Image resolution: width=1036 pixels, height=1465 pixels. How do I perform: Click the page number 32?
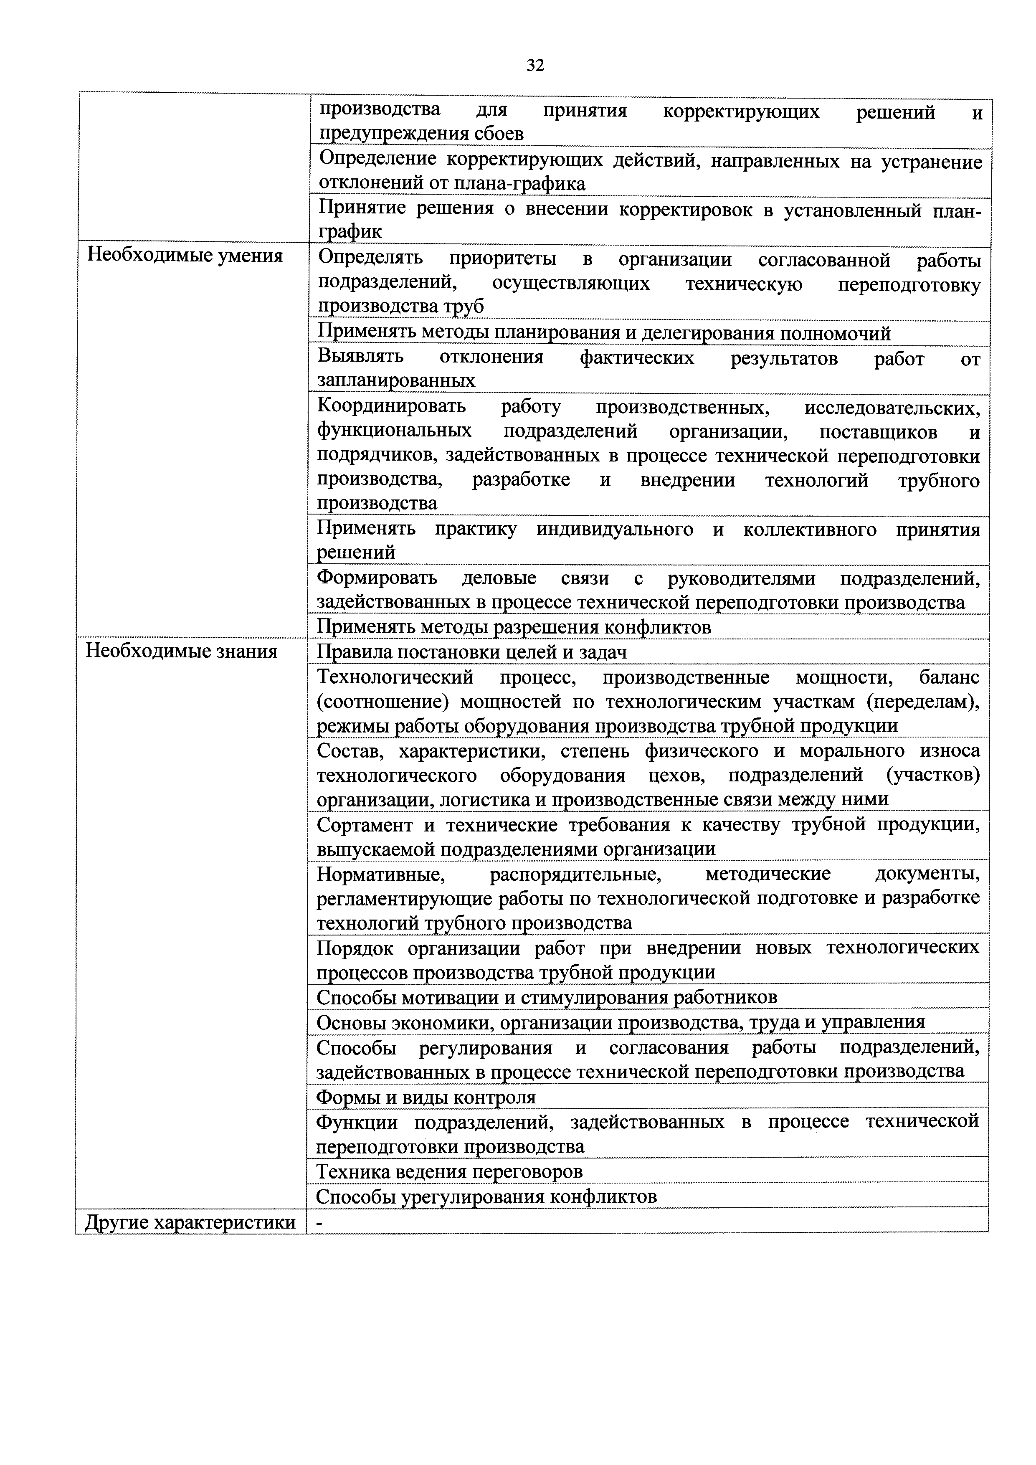click(x=535, y=65)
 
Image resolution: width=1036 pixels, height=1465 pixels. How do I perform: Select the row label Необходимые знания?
click(x=182, y=651)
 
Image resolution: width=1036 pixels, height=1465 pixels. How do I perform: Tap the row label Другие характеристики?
click(x=190, y=1222)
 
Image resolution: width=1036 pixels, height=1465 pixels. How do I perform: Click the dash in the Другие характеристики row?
click(x=319, y=1222)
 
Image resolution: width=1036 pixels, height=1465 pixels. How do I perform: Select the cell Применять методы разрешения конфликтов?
click(x=514, y=627)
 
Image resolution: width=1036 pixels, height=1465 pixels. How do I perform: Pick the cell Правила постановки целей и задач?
click(x=472, y=651)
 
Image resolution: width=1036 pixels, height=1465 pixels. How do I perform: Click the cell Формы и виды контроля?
click(x=426, y=1097)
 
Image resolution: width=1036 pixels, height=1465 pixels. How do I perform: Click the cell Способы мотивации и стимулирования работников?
click(x=547, y=997)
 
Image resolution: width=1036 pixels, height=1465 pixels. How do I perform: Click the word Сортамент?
click(x=364, y=825)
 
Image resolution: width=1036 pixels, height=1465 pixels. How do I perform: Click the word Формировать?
click(x=377, y=578)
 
